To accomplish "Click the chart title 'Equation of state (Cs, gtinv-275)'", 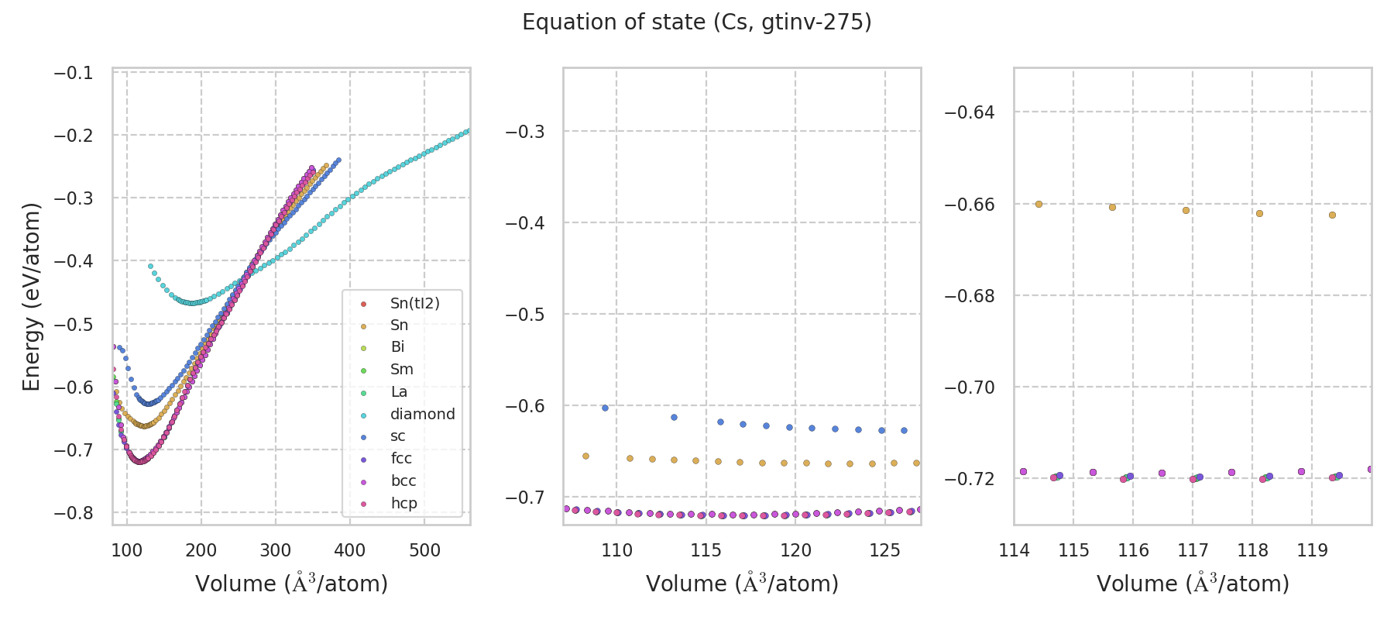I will click(697, 22).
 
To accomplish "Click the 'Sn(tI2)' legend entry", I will click(414, 303).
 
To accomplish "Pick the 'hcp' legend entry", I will click(403, 503).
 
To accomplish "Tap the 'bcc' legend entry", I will click(403, 480).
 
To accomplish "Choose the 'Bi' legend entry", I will click(397, 347).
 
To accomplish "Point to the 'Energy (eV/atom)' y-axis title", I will click(31, 297).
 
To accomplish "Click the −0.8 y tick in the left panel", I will click(73, 513).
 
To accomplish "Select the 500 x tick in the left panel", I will click(424, 551).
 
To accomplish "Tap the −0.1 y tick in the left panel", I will click(73, 73).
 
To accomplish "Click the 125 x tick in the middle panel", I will click(885, 551).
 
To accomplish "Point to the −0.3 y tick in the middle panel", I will click(524, 132).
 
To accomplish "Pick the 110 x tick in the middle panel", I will click(616, 551).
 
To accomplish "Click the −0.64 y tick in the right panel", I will click(970, 112).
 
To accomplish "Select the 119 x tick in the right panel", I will click(1312, 551).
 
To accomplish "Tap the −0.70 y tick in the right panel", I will click(970, 387).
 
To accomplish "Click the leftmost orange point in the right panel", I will click(1039, 205).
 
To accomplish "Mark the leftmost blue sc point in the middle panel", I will click(605, 408).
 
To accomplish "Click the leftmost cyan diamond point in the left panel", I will click(150, 266).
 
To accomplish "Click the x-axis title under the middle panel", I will click(742, 584).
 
